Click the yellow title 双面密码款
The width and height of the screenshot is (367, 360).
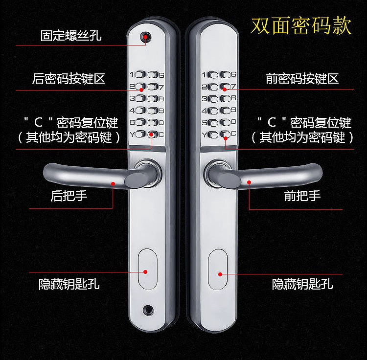pyautogui.click(x=301, y=26)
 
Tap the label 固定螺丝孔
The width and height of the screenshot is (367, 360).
pyautogui.click(x=71, y=36)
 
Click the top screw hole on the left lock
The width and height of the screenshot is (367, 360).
pyautogui.click(x=145, y=37)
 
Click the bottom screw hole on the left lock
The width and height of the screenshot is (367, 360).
pyautogui.click(x=148, y=311)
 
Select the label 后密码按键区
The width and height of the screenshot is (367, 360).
pyautogui.click(x=69, y=79)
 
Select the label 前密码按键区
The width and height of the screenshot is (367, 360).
pyautogui.click(x=302, y=79)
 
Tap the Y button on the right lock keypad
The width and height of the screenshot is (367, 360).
pyautogui.click(x=213, y=135)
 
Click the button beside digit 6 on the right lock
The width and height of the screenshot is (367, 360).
pyautogui.click(x=226, y=75)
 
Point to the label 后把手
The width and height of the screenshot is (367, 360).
pyautogui.click(x=69, y=196)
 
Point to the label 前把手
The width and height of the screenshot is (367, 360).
pyautogui.click(x=302, y=196)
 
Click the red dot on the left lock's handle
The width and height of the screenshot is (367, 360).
pyautogui.click(x=113, y=184)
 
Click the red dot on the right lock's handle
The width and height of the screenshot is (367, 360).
pyautogui.click(x=249, y=182)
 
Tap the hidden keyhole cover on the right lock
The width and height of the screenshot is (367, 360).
pyautogui.click(x=218, y=269)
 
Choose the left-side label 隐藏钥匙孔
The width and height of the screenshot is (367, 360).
pyautogui.click(x=69, y=284)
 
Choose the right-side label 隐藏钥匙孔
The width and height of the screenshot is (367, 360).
pyautogui.click(x=302, y=284)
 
